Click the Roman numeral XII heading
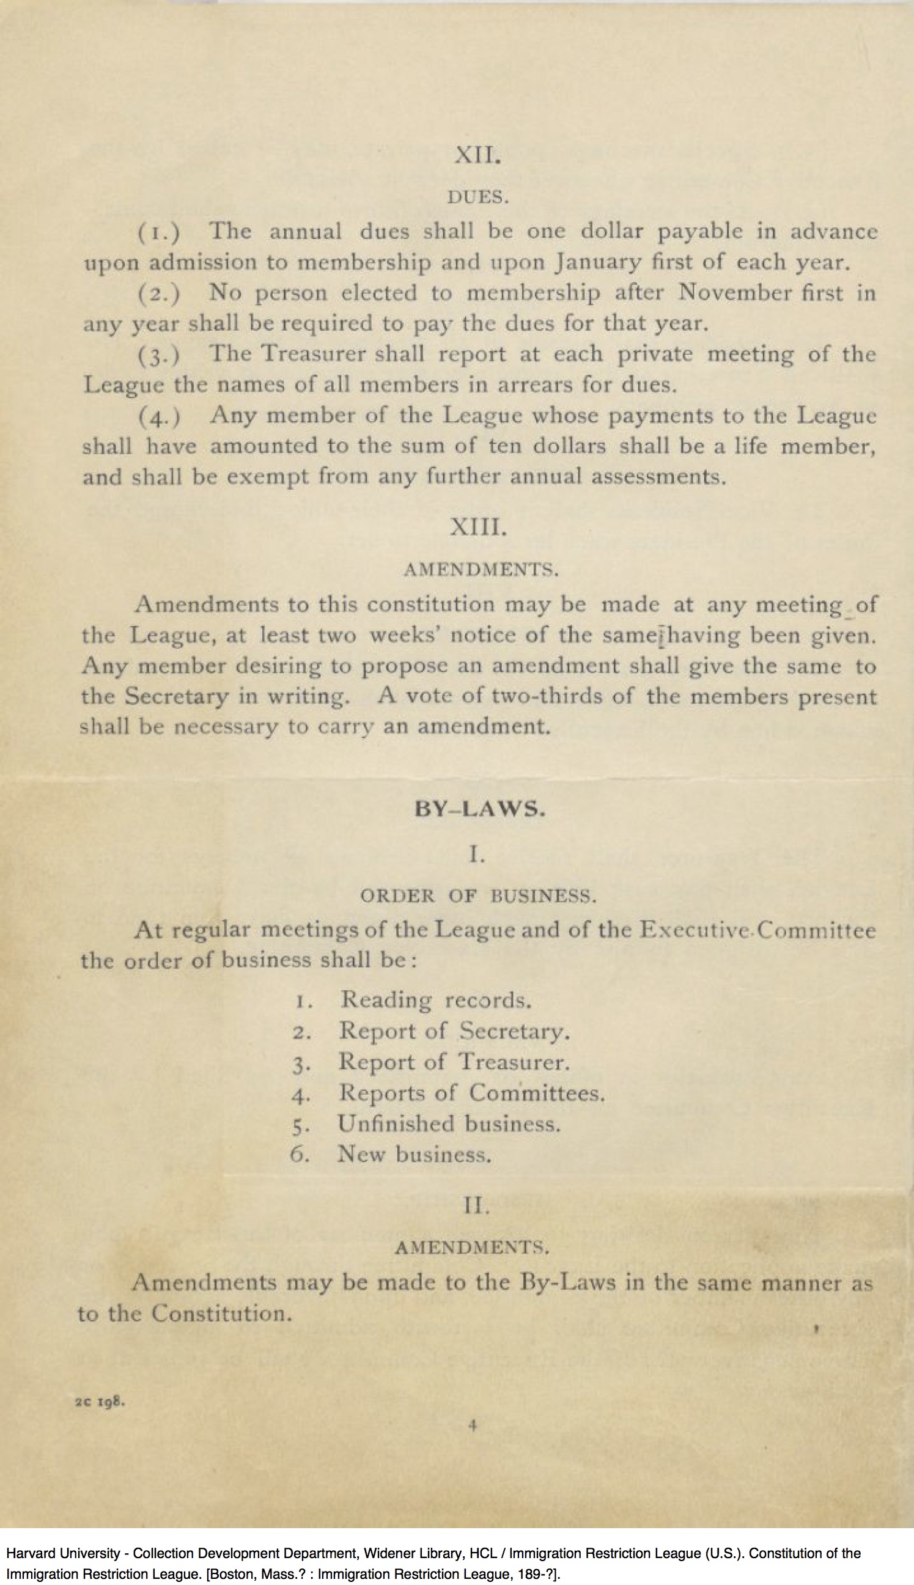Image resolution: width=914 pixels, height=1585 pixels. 477,155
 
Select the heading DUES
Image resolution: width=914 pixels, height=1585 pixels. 477,197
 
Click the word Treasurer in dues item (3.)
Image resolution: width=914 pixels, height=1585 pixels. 312,354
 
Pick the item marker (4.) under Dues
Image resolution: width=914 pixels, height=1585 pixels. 160,416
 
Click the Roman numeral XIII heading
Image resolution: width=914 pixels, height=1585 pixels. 477,528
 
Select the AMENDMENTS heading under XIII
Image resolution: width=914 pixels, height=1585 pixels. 480,570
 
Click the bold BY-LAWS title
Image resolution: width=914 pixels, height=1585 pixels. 479,809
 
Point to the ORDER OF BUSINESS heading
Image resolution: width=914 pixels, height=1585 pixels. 477,897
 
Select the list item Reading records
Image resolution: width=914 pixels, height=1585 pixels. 436,999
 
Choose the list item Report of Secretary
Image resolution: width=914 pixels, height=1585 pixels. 454,1031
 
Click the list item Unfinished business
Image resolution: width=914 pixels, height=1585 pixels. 448,1123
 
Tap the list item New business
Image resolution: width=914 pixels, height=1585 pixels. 414,1154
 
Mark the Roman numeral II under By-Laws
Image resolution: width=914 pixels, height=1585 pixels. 476,1205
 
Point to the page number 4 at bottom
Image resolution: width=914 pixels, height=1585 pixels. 473,1425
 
